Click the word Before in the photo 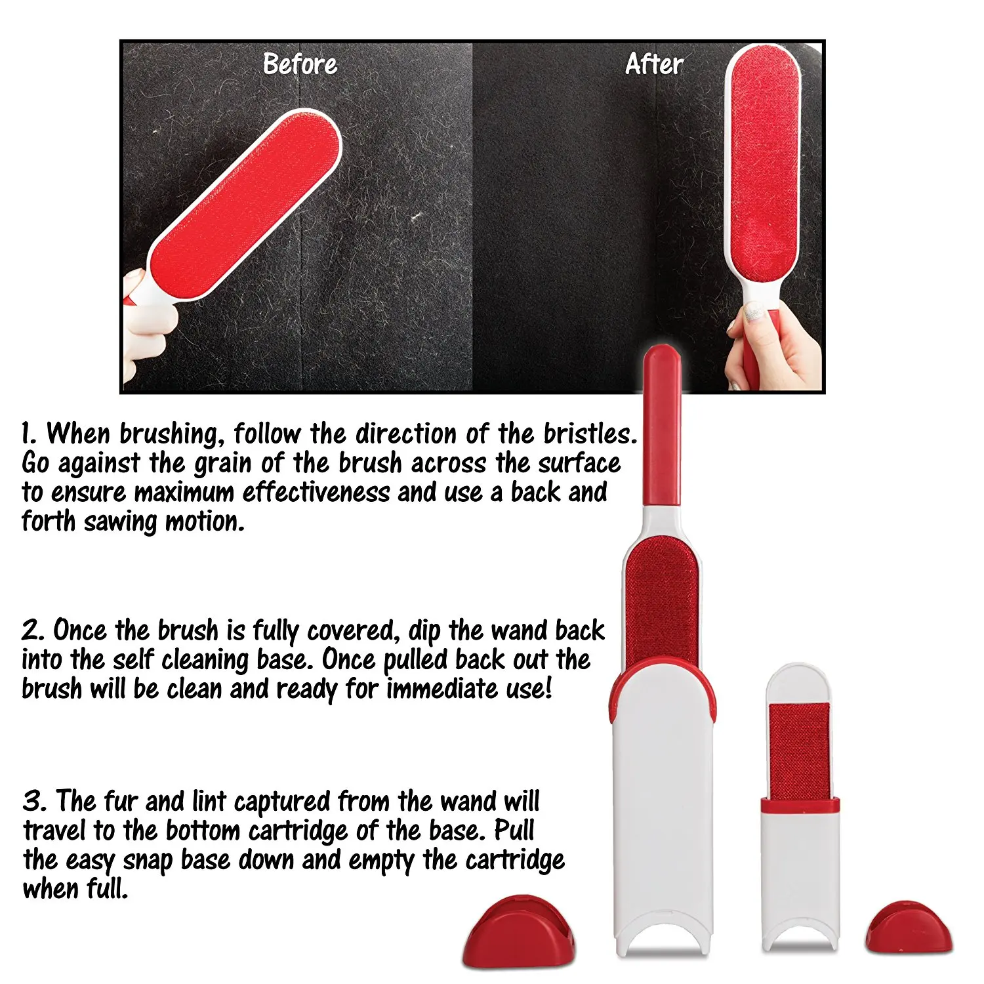pos(300,64)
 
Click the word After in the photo pos(654,64)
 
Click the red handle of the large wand pos(661,426)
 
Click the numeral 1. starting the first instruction pos(28,434)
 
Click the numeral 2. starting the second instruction pos(33,630)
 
